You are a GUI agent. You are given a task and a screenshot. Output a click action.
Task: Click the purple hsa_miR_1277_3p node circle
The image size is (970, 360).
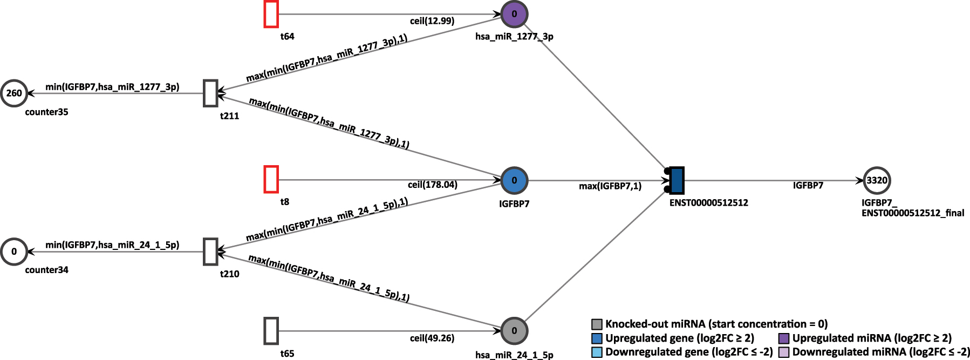click(x=514, y=15)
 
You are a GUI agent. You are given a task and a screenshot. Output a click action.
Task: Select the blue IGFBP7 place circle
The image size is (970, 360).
click(x=514, y=180)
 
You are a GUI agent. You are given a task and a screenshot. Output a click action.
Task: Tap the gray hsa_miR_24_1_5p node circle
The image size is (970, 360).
click(x=514, y=331)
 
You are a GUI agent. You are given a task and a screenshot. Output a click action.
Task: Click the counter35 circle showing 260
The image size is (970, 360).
click(x=14, y=93)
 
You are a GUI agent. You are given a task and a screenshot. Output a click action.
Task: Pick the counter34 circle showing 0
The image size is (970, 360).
click(x=14, y=252)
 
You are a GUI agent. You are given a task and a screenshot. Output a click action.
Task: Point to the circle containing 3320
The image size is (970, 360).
click(x=877, y=181)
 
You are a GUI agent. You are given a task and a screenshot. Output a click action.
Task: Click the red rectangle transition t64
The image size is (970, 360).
click(x=271, y=15)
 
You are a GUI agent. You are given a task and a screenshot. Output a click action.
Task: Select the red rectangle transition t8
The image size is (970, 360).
click(x=271, y=179)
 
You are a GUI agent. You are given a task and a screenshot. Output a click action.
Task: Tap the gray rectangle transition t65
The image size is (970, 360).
click(x=271, y=331)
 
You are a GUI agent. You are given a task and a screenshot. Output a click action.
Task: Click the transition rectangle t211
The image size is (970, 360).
click(x=210, y=93)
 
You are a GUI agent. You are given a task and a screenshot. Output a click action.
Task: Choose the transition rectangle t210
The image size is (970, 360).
click(x=210, y=252)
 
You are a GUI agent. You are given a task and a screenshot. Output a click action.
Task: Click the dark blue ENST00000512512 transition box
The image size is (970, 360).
click(x=677, y=180)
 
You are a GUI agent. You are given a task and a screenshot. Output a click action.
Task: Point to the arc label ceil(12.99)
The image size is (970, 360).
click(x=432, y=21)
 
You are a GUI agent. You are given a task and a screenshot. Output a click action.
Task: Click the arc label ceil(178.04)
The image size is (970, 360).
click(x=432, y=185)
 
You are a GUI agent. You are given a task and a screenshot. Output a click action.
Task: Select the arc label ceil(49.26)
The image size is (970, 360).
click(x=432, y=338)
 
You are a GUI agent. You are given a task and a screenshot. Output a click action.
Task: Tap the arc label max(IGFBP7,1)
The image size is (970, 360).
click(x=610, y=186)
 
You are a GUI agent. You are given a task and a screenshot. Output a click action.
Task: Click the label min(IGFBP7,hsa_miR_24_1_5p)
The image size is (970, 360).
click(x=112, y=245)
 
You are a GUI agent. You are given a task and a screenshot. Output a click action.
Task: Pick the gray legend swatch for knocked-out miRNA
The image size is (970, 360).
click(x=597, y=324)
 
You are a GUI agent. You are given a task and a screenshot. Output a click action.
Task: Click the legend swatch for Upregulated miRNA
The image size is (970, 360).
click(x=784, y=338)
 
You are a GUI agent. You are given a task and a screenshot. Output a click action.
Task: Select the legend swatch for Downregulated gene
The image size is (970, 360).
click(x=597, y=352)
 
